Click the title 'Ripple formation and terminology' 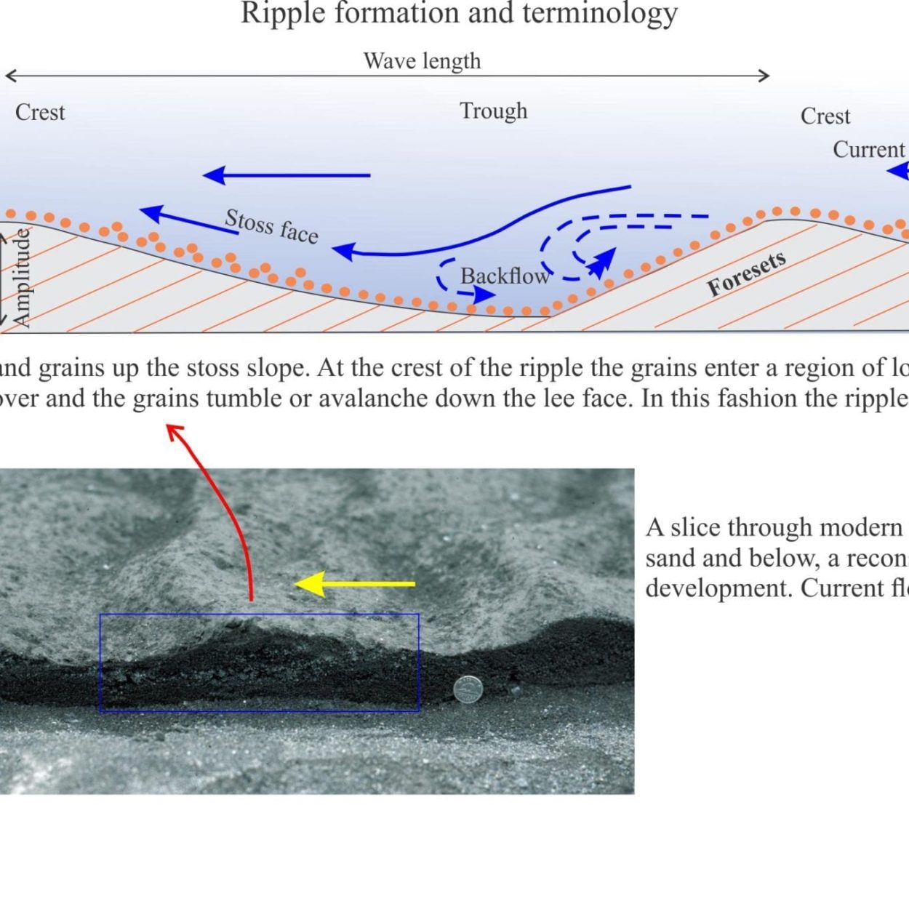(x=459, y=13)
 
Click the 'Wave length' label (x=423, y=61)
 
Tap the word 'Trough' (x=494, y=112)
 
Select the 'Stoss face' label (x=272, y=227)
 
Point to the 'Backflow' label (x=505, y=276)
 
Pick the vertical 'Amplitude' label (x=23, y=278)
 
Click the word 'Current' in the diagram (x=869, y=150)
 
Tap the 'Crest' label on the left (x=40, y=113)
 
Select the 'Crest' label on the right (x=825, y=116)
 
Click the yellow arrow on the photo (x=355, y=584)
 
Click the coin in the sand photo (x=468, y=689)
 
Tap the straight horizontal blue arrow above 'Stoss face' (x=287, y=175)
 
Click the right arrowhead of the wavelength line (x=764, y=76)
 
